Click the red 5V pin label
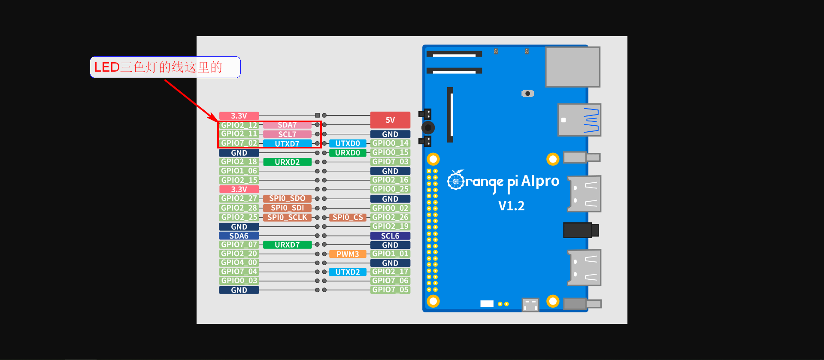390,120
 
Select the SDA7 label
287,125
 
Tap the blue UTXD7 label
287,144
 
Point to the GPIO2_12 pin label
239,125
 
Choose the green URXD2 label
287,162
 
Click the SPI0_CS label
348,218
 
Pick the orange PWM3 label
348,254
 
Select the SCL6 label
390,236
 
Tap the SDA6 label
239,236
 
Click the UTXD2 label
348,272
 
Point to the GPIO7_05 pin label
390,290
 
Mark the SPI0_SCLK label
287,218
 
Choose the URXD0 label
348,153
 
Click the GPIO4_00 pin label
239,263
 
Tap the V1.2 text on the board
511,206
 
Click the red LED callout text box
165,67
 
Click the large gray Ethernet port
573,67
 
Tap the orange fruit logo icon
456,181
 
